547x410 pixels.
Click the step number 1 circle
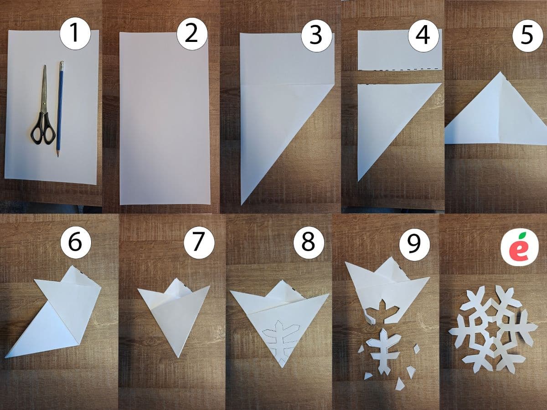point(75,34)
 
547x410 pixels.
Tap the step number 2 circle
point(192,34)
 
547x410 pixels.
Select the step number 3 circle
point(316,35)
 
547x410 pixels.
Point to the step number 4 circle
point(423,36)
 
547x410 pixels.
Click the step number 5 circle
point(527,36)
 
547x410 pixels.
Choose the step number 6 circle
point(76,241)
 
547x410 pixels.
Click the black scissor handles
point(43,128)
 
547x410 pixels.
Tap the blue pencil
point(60,109)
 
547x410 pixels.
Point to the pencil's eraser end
point(62,63)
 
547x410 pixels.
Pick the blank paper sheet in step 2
point(165,118)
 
